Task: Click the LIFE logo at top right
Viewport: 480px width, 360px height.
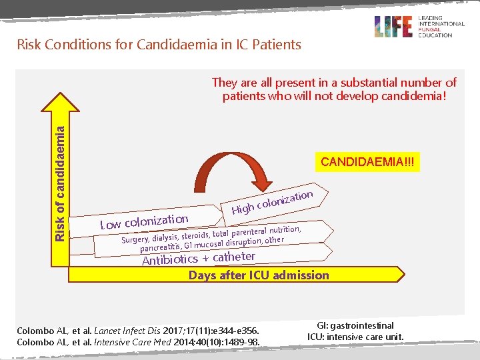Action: pos(394,27)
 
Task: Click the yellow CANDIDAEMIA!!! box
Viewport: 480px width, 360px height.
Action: pos(369,162)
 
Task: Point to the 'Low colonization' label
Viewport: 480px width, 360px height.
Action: pos(144,221)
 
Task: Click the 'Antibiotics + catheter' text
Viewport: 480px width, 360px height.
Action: pos(199,257)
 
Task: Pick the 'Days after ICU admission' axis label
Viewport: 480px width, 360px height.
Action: pos(259,275)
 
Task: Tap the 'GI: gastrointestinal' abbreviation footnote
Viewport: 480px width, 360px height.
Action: pos(356,325)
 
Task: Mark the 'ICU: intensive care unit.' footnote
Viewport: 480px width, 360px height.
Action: pos(356,337)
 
